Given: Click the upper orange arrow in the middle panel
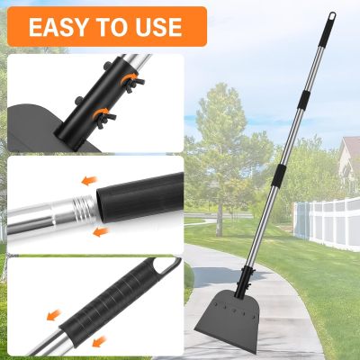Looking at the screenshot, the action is tap(90, 181).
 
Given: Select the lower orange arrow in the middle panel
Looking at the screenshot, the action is tap(101, 231).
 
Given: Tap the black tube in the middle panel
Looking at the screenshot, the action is tap(140, 198).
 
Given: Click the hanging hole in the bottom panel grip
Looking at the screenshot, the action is tap(166, 265).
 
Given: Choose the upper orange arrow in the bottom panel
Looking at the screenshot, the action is tap(54, 315).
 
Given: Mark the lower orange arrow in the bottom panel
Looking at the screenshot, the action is tap(99, 342).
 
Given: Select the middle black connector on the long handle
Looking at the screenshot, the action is tap(304, 100).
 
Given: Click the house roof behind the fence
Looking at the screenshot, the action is tap(350, 147).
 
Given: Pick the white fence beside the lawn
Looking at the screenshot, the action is tap(327, 222).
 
